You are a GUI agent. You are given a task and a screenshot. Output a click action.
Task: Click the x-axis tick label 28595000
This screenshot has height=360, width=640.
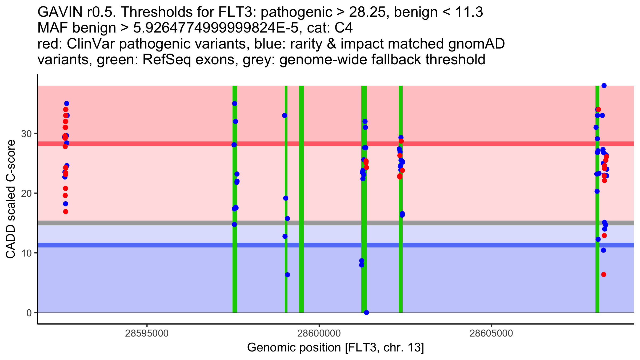pyautogui.click(x=147, y=333)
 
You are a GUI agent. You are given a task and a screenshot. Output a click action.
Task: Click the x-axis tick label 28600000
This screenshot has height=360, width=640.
pyautogui.click(x=319, y=333)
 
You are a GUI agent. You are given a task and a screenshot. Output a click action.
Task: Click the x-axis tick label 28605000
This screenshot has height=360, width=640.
pyautogui.click(x=491, y=333)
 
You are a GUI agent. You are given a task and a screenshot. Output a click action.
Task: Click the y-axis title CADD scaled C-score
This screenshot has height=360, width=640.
pyautogui.click(x=11, y=199)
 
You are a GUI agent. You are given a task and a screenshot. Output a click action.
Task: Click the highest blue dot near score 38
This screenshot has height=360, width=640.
pyautogui.click(x=604, y=86)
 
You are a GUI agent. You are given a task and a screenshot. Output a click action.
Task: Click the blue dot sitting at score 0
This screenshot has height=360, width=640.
pyautogui.click(x=366, y=313)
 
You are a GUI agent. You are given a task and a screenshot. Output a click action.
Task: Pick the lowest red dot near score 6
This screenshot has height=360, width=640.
pyautogui.click(x=604, y=275)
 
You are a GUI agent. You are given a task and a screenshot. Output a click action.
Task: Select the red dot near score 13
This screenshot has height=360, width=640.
pyautogui.click(x=604, y=235)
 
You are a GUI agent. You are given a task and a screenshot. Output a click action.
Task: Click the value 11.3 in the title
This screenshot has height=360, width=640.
pyautogui.click(x=469, y=12)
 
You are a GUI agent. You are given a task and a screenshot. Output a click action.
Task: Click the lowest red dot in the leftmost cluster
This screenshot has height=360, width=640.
pyautogui.click(x=66, y=212)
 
